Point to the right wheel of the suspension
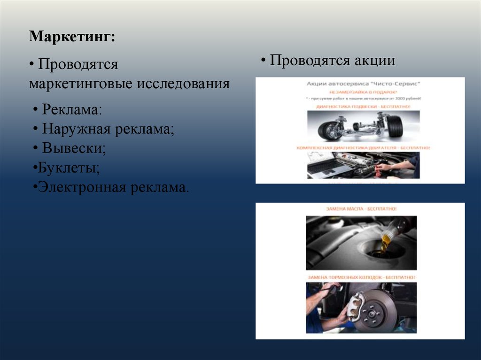pyautogui.click(x=395, y=126)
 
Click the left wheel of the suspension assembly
pyautogui.click(x=328, y=130)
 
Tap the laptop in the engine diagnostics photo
pyautogui.click(x=324, y=167)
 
